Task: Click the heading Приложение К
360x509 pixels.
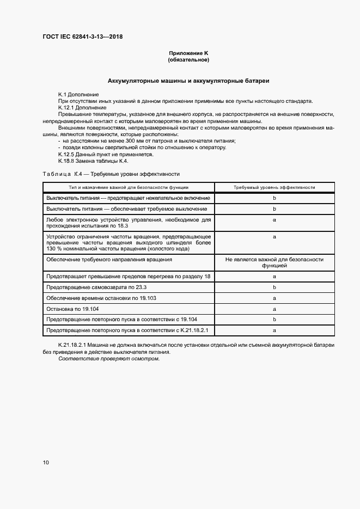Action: pos(189,53)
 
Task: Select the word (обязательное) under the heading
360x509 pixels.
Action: pos(189,59)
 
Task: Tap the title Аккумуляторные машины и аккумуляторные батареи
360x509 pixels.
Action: pos(188,81)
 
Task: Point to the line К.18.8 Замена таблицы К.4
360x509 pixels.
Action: pos(93,161)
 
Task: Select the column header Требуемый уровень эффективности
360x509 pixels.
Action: pos(274,187)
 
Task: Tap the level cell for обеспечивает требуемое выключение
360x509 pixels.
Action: pos(274,209)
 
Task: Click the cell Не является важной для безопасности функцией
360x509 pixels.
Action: pos(274,263)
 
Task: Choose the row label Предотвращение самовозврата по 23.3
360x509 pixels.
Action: pos(97,287)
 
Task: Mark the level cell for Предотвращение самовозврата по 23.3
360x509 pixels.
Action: pos(274,287)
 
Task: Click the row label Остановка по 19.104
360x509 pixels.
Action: pos(72,309)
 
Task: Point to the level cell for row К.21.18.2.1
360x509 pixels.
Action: pos(274,330)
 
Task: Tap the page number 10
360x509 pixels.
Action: pos(46,462)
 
